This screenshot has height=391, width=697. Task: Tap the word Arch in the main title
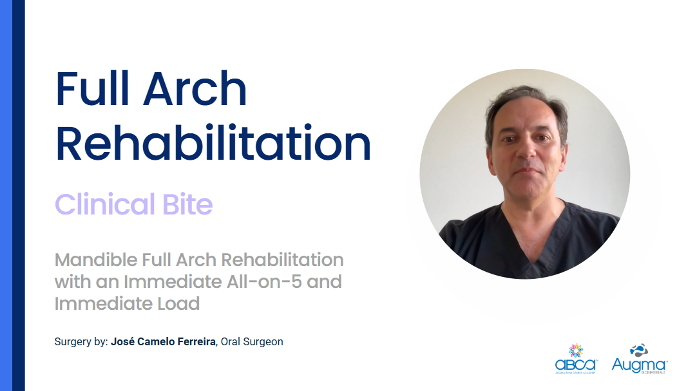pyautogui.click(x=195, y=90)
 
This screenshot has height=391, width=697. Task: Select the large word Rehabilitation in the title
pyautogui.click(x=213, y=144)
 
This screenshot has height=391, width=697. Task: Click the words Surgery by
pyautogui.click(x=81, y=342)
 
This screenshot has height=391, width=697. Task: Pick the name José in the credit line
pyautogui.click(x=122, y=342)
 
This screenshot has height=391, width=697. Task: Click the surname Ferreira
pyautogui.click(x=194, y=342)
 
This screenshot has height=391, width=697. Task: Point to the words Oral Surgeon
pyautogui.click(x=252, y=342)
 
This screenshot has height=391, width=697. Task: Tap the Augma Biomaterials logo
pyautogui.click(x=639, y=359)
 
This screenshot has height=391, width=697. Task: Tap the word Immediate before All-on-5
pyautogui.click(x=156, y=281)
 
